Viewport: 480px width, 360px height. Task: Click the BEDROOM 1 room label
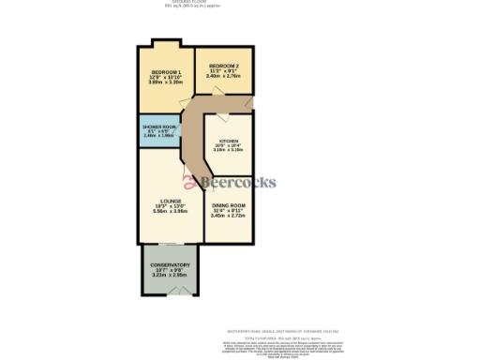coord(167,72)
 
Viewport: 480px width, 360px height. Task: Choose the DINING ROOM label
coord(228,205)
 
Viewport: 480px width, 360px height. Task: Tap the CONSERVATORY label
coord(170,265)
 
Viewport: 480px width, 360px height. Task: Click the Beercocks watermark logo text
coord(247,182)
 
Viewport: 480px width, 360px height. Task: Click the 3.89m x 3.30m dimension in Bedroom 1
coord(167,83)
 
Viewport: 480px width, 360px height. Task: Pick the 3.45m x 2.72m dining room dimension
coord(228,216)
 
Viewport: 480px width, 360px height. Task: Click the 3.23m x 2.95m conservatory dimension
coord(170,276)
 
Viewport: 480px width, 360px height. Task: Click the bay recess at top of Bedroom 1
coord(167,43)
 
